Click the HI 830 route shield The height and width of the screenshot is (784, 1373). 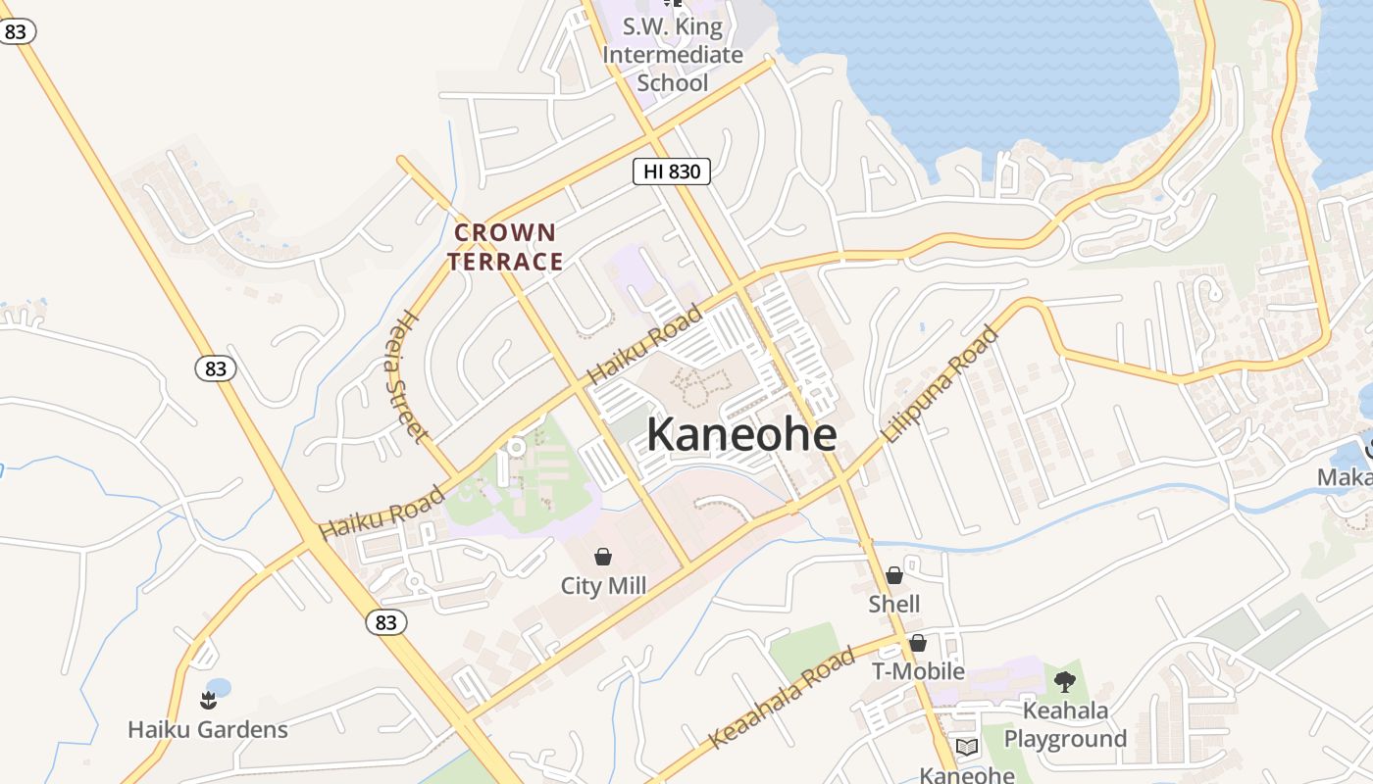671,171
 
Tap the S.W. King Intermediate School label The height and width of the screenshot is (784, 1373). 673,55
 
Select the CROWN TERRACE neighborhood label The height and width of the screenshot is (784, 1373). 506,247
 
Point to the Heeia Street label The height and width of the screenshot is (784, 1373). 408,376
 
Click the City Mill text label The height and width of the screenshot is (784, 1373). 603,586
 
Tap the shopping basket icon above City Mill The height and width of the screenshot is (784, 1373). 603,557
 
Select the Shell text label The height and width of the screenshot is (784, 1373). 894,604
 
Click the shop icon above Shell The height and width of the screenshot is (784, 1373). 894,575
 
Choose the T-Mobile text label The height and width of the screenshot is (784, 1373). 919,671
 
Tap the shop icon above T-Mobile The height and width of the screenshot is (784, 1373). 918,643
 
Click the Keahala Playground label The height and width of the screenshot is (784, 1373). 1065,724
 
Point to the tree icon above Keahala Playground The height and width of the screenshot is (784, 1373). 1065,681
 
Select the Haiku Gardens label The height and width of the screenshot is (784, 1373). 208,729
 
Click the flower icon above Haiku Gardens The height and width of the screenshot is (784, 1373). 208,700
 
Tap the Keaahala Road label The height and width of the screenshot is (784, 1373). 782,700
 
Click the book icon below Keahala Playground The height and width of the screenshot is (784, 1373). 967,748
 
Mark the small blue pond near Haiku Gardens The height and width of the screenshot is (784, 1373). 219,687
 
